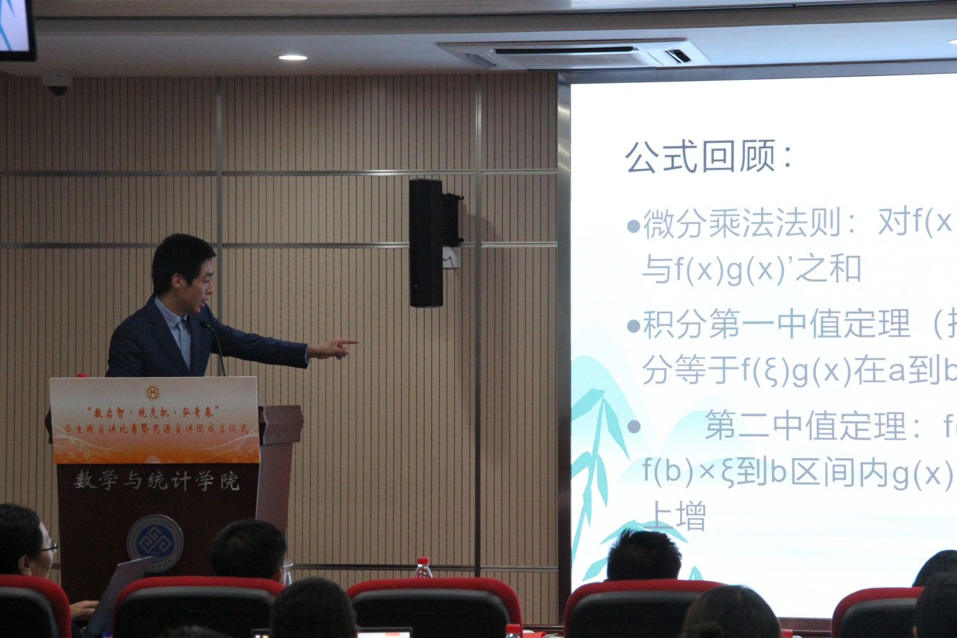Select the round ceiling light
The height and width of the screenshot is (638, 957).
293,57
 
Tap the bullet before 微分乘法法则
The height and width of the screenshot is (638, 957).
633,226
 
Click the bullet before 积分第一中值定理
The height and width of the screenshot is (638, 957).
633,327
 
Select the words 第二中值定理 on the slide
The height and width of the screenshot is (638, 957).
805,426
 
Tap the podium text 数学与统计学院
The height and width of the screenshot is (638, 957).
156,480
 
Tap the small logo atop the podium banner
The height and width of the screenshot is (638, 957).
153,392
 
